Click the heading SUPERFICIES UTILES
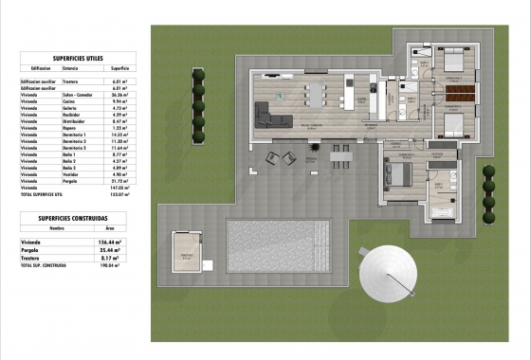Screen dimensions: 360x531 77,57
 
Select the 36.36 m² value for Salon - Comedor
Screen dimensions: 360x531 119,96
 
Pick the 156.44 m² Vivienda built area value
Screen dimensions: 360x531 122,241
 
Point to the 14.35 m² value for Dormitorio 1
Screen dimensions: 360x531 119,135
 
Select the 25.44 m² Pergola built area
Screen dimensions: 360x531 122,249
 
